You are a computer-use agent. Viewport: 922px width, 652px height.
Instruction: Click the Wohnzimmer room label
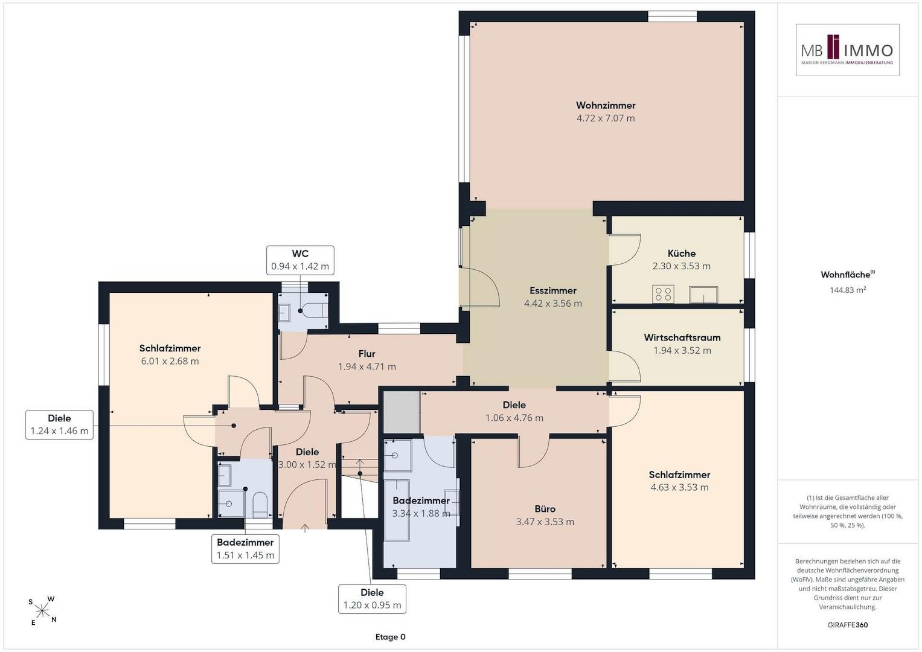click(606, 106)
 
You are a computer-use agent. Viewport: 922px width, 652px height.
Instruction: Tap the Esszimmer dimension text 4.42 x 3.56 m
click(553, 303)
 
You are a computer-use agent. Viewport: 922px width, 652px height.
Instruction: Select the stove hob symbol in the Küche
click(663, 294)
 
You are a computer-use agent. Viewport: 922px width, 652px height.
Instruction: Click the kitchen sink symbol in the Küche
click(703, 295)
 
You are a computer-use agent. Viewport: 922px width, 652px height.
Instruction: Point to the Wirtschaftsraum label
click(682, 337)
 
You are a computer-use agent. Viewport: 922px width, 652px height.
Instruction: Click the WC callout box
click(300, 260)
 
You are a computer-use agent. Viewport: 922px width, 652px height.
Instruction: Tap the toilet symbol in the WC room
click(313, 309)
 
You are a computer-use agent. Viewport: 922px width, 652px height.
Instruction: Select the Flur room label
click(367, 354)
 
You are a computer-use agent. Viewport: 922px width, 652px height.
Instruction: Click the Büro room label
click(545, 509)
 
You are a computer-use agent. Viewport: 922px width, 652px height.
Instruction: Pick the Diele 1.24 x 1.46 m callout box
click(59, 425)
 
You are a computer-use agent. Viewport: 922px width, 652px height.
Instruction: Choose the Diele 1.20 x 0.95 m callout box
click(372, 599)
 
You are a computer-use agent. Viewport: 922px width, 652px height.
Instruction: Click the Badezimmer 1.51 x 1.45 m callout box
click(245, 549)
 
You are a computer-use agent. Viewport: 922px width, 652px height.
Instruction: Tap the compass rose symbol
click(42, 610)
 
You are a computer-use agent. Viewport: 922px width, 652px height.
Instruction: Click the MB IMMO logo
click(848, 50)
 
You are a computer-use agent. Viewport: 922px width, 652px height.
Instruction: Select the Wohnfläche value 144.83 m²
click(848, 290)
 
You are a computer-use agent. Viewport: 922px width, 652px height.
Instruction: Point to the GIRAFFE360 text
click(848, 625)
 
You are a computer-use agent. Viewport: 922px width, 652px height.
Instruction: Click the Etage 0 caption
click(390, 637)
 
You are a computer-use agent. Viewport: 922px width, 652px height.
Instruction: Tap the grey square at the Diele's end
click(402, 412)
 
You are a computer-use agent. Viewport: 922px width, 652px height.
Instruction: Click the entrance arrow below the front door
click(305, 528)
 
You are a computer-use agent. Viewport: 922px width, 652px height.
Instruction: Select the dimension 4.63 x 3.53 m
click(679, 487)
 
